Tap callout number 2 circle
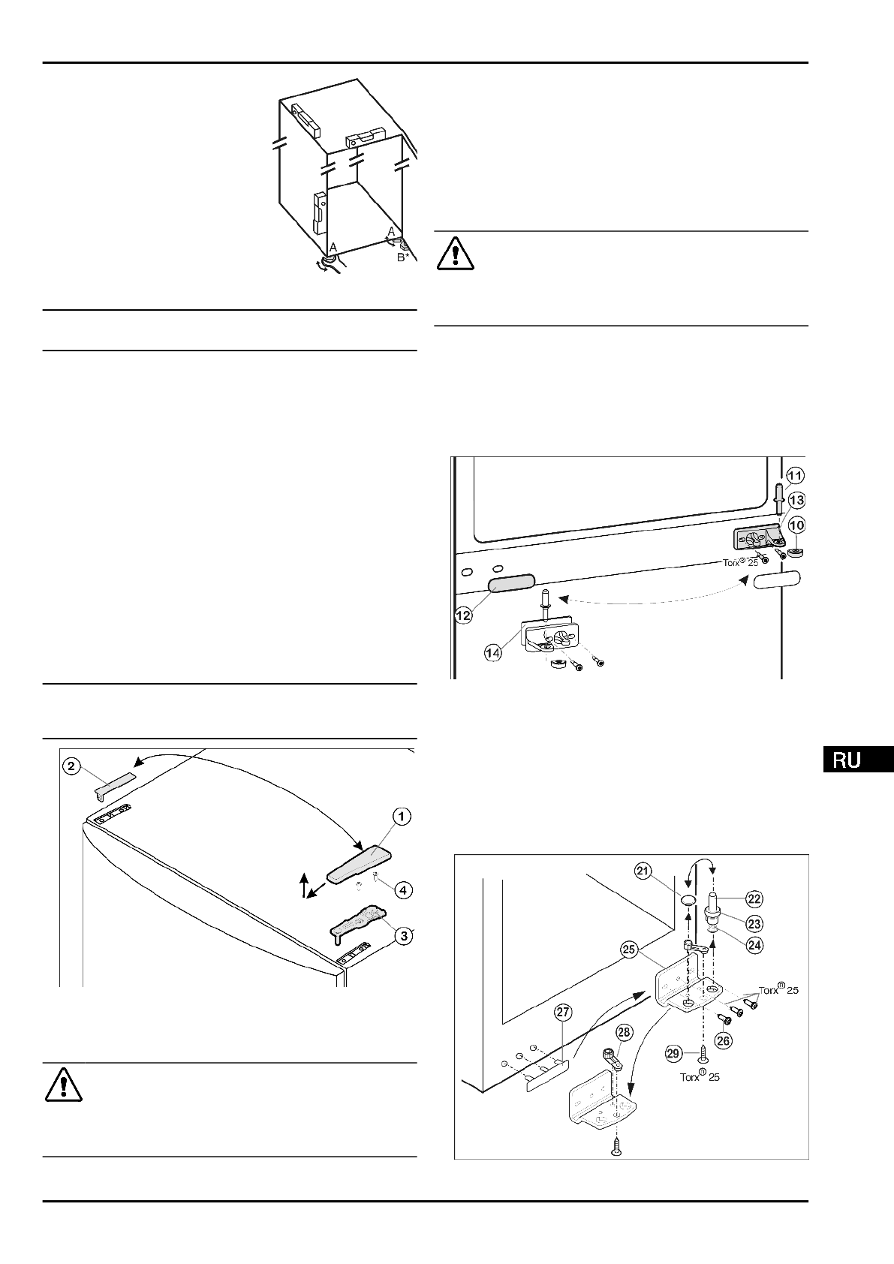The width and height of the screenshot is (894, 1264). coord(71,766)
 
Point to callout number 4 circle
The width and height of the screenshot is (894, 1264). coord(403,890)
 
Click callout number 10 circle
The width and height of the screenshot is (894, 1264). coord(796,525)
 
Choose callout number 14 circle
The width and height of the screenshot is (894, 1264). coord(493,653)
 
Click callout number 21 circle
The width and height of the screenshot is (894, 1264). coord(642,871)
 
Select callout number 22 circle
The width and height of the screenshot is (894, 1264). coord(754,897)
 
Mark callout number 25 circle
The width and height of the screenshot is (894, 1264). coord(628,950)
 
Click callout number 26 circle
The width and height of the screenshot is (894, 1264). coord(724,1040)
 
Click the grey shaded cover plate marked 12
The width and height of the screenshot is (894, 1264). coord(511,583)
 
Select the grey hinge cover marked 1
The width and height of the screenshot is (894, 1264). coord(360,863)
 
